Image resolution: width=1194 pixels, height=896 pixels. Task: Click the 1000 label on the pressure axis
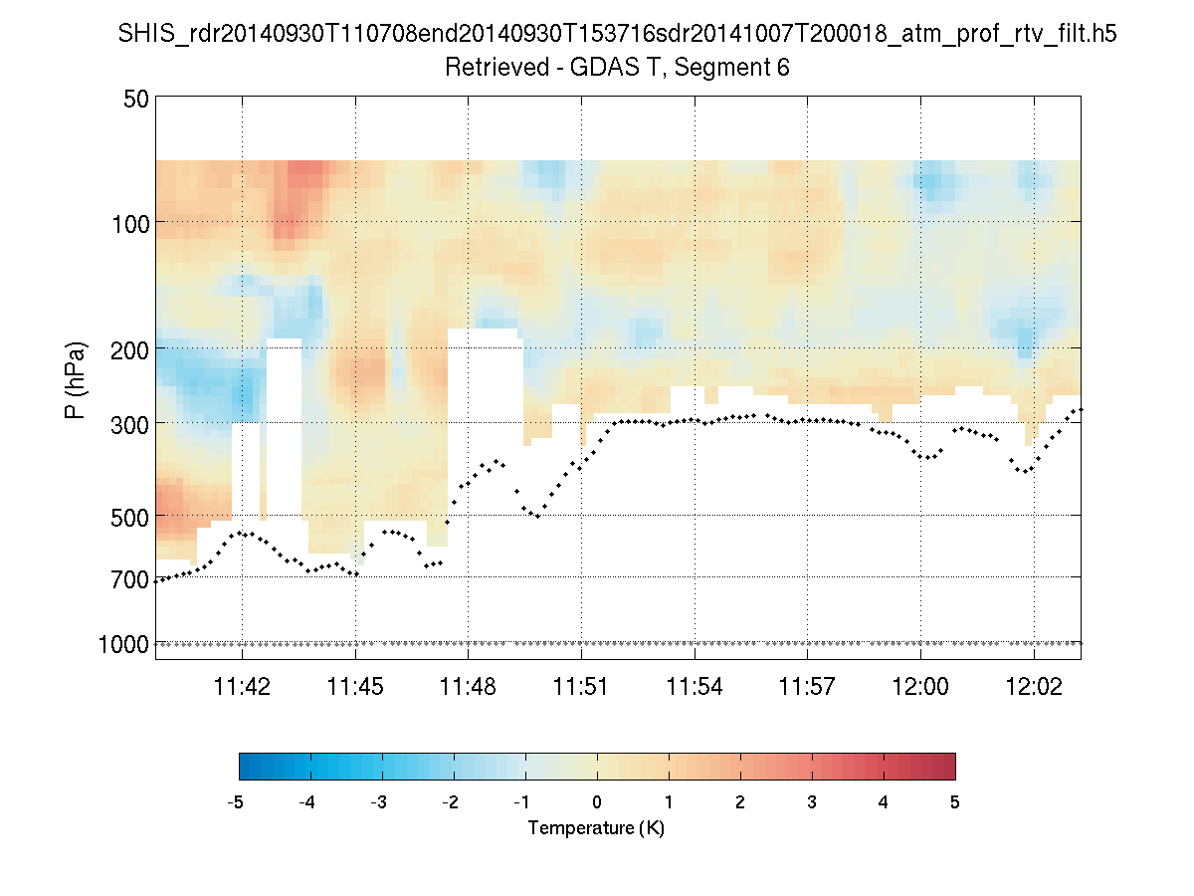[124, 644]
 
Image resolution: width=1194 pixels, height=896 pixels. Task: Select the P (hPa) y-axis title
[76, 381]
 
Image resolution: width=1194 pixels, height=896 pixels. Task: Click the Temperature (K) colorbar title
[596, 828]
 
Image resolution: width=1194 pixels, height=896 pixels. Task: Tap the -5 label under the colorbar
[237, 802]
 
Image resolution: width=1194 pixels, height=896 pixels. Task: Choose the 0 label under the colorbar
[597, 802]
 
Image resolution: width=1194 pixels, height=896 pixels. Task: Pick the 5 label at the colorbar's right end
[955, 802]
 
